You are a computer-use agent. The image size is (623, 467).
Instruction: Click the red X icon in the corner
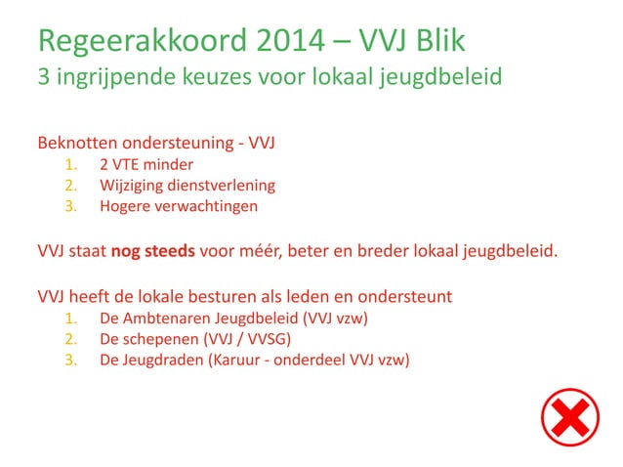pyautogui.click(x=570, y=417)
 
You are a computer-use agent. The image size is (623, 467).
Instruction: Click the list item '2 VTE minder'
pyautogui.click(x=145, y=164)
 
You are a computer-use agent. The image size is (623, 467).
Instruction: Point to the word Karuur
pyautogui.click(x=239, y=360)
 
